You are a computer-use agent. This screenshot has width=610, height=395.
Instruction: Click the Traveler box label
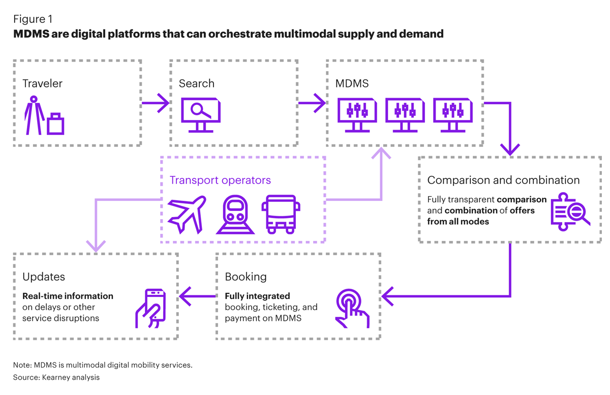tap(43, 83)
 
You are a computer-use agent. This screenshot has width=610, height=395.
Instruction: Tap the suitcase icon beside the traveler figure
tap(55, 124)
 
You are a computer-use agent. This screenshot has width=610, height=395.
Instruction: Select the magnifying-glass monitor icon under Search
tap(201, 115)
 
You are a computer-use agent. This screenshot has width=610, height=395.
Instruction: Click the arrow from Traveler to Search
tap(155, 103)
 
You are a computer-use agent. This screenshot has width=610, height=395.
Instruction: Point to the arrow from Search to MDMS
tap(312, 103)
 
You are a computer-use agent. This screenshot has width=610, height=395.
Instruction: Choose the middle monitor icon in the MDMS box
tap(405, 115)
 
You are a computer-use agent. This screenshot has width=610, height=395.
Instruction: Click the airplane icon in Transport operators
tap(187, 214)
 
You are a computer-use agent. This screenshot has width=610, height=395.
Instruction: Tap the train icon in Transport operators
tap(235, 214)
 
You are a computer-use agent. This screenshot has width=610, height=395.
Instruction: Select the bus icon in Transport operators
tap(281, 214)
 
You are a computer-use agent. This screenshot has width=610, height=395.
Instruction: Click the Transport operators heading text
tap(220, 180)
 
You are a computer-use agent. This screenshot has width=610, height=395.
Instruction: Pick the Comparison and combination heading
tap(503, 180)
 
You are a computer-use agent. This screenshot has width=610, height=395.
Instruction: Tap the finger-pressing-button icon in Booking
tap(351, 308)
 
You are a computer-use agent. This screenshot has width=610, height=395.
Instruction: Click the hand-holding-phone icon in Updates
tap(151, 308)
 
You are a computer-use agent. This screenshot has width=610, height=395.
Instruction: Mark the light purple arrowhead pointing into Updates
tap(96, 246)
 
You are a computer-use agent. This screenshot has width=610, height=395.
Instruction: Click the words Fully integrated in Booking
tap(257, 296)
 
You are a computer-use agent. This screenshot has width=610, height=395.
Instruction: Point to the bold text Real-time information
tap(68, 296)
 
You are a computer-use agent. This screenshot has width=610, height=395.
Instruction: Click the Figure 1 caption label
tap(33, 19)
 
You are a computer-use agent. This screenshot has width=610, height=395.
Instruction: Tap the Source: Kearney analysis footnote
tap(56, 377)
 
